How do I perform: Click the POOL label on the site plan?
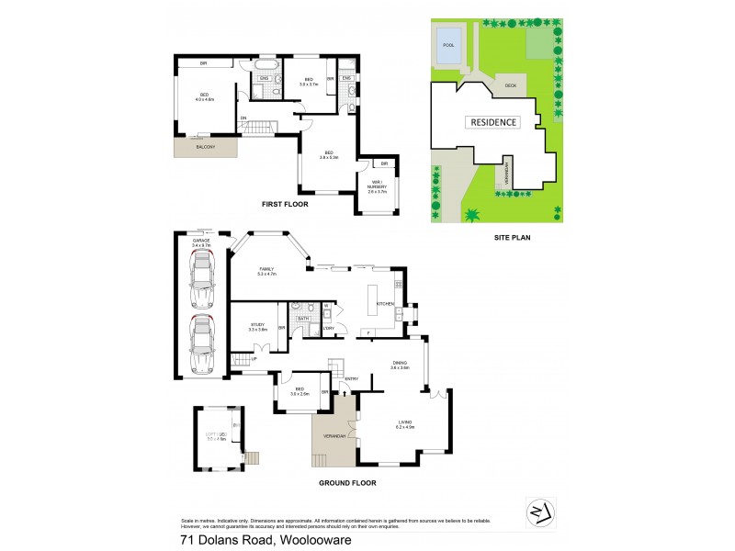pos(448,44)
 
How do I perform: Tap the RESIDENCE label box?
pos(494,122)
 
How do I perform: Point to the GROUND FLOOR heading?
pos(346,482)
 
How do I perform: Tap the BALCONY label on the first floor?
pos(206,146)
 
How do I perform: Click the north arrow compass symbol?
pos(538,510)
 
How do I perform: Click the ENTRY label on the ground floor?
pos(351,377)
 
